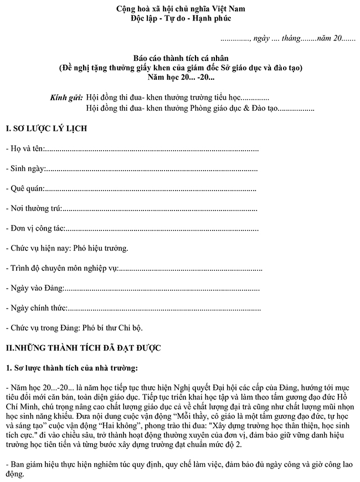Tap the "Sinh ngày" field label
27,169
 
